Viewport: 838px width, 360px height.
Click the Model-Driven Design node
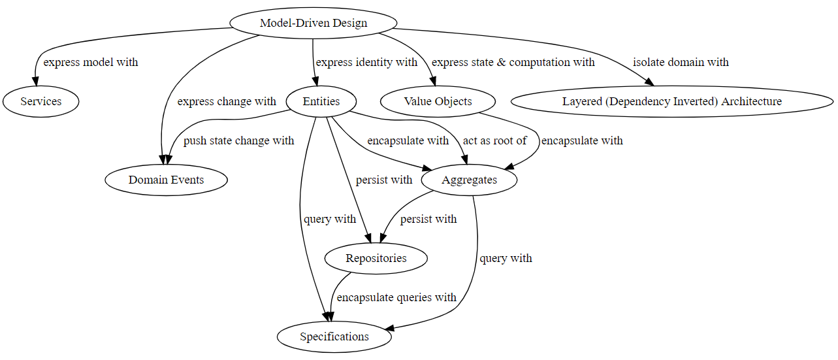314,23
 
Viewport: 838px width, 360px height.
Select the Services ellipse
40,101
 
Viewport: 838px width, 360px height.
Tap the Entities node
321,101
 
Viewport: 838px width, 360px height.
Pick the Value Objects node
438,101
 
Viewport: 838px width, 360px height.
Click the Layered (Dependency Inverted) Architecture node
671,101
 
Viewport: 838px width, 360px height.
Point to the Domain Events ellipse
166,180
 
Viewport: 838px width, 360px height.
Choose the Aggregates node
469,180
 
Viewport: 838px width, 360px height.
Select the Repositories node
376,258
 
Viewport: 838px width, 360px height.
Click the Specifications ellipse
334,336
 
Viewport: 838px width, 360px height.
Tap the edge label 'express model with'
91,63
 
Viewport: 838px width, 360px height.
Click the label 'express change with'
227,102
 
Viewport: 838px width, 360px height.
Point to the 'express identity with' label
366,63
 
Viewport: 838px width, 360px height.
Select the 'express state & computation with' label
513,63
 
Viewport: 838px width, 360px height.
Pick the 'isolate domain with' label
681,63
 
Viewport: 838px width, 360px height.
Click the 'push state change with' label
238,141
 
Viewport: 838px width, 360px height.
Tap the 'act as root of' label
494,141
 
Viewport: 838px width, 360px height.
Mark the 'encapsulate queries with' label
396,298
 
